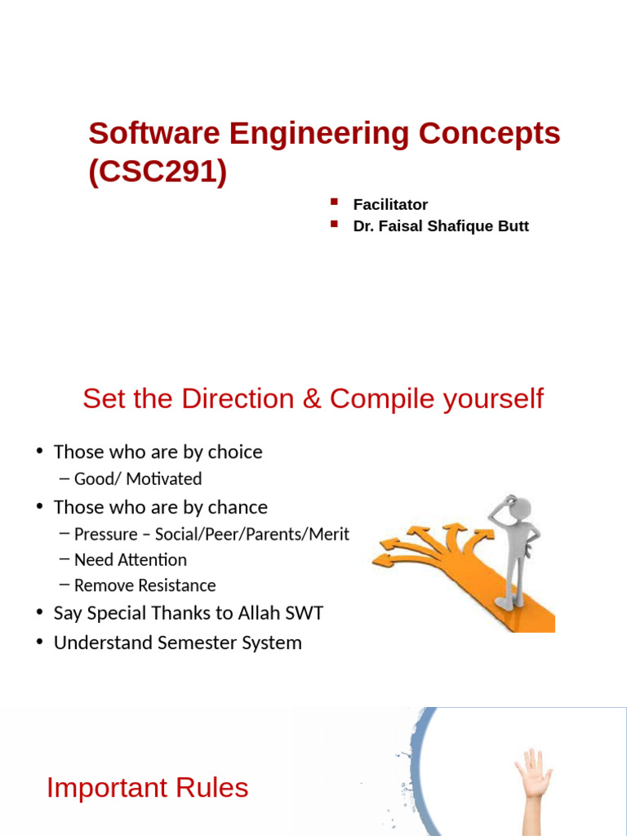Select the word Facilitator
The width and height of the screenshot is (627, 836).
coord(390,205)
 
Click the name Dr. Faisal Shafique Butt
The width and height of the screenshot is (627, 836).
coord(441,226)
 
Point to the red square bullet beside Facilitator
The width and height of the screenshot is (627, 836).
coord(334,202)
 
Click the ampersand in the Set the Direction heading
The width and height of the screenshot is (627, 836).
coord(308,399)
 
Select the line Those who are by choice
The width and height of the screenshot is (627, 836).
coord(158,452)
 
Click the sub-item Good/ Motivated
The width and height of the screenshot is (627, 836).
coord(137,479)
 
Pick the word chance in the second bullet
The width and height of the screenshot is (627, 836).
coord(238,507)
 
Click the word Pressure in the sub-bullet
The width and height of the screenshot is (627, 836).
coord(105,535)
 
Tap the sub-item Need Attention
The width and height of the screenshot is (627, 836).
coord(130,560)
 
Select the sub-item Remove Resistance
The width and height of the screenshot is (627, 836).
coord(145,585)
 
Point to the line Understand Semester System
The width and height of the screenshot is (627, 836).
coord(177,643)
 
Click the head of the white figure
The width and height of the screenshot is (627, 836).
coord(516,510)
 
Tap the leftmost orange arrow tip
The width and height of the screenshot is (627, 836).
coord(377,562)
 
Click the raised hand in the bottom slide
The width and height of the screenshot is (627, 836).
coord(532,772)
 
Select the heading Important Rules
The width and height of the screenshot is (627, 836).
coord(147,788)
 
